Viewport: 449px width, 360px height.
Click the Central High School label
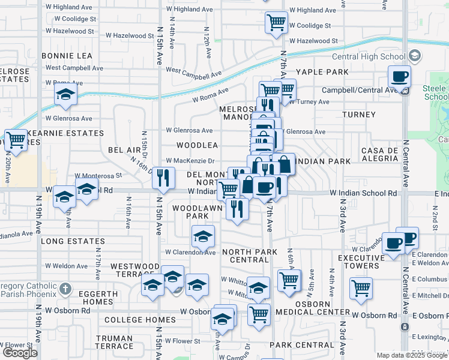pos(376,57)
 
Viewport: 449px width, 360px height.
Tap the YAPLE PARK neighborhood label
pos(327,72)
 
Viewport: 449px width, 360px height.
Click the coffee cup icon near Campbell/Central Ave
pos(399,77)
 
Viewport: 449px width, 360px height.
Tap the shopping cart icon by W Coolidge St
pos(276,23)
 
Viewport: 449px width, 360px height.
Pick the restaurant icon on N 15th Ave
pos(163,178)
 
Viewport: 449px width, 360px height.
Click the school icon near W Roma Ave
pos(65,94)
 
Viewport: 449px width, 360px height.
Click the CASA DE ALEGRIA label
pos(379,154)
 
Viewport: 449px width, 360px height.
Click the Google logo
pos(20,353)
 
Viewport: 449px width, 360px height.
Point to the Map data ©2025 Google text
pos(412,355)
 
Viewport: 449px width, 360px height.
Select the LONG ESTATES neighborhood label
pos(73,241)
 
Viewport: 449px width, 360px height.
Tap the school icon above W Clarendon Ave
pos(203,236)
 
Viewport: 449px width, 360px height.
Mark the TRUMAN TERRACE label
pos(114,342)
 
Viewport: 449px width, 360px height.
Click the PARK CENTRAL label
pos(297,345)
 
